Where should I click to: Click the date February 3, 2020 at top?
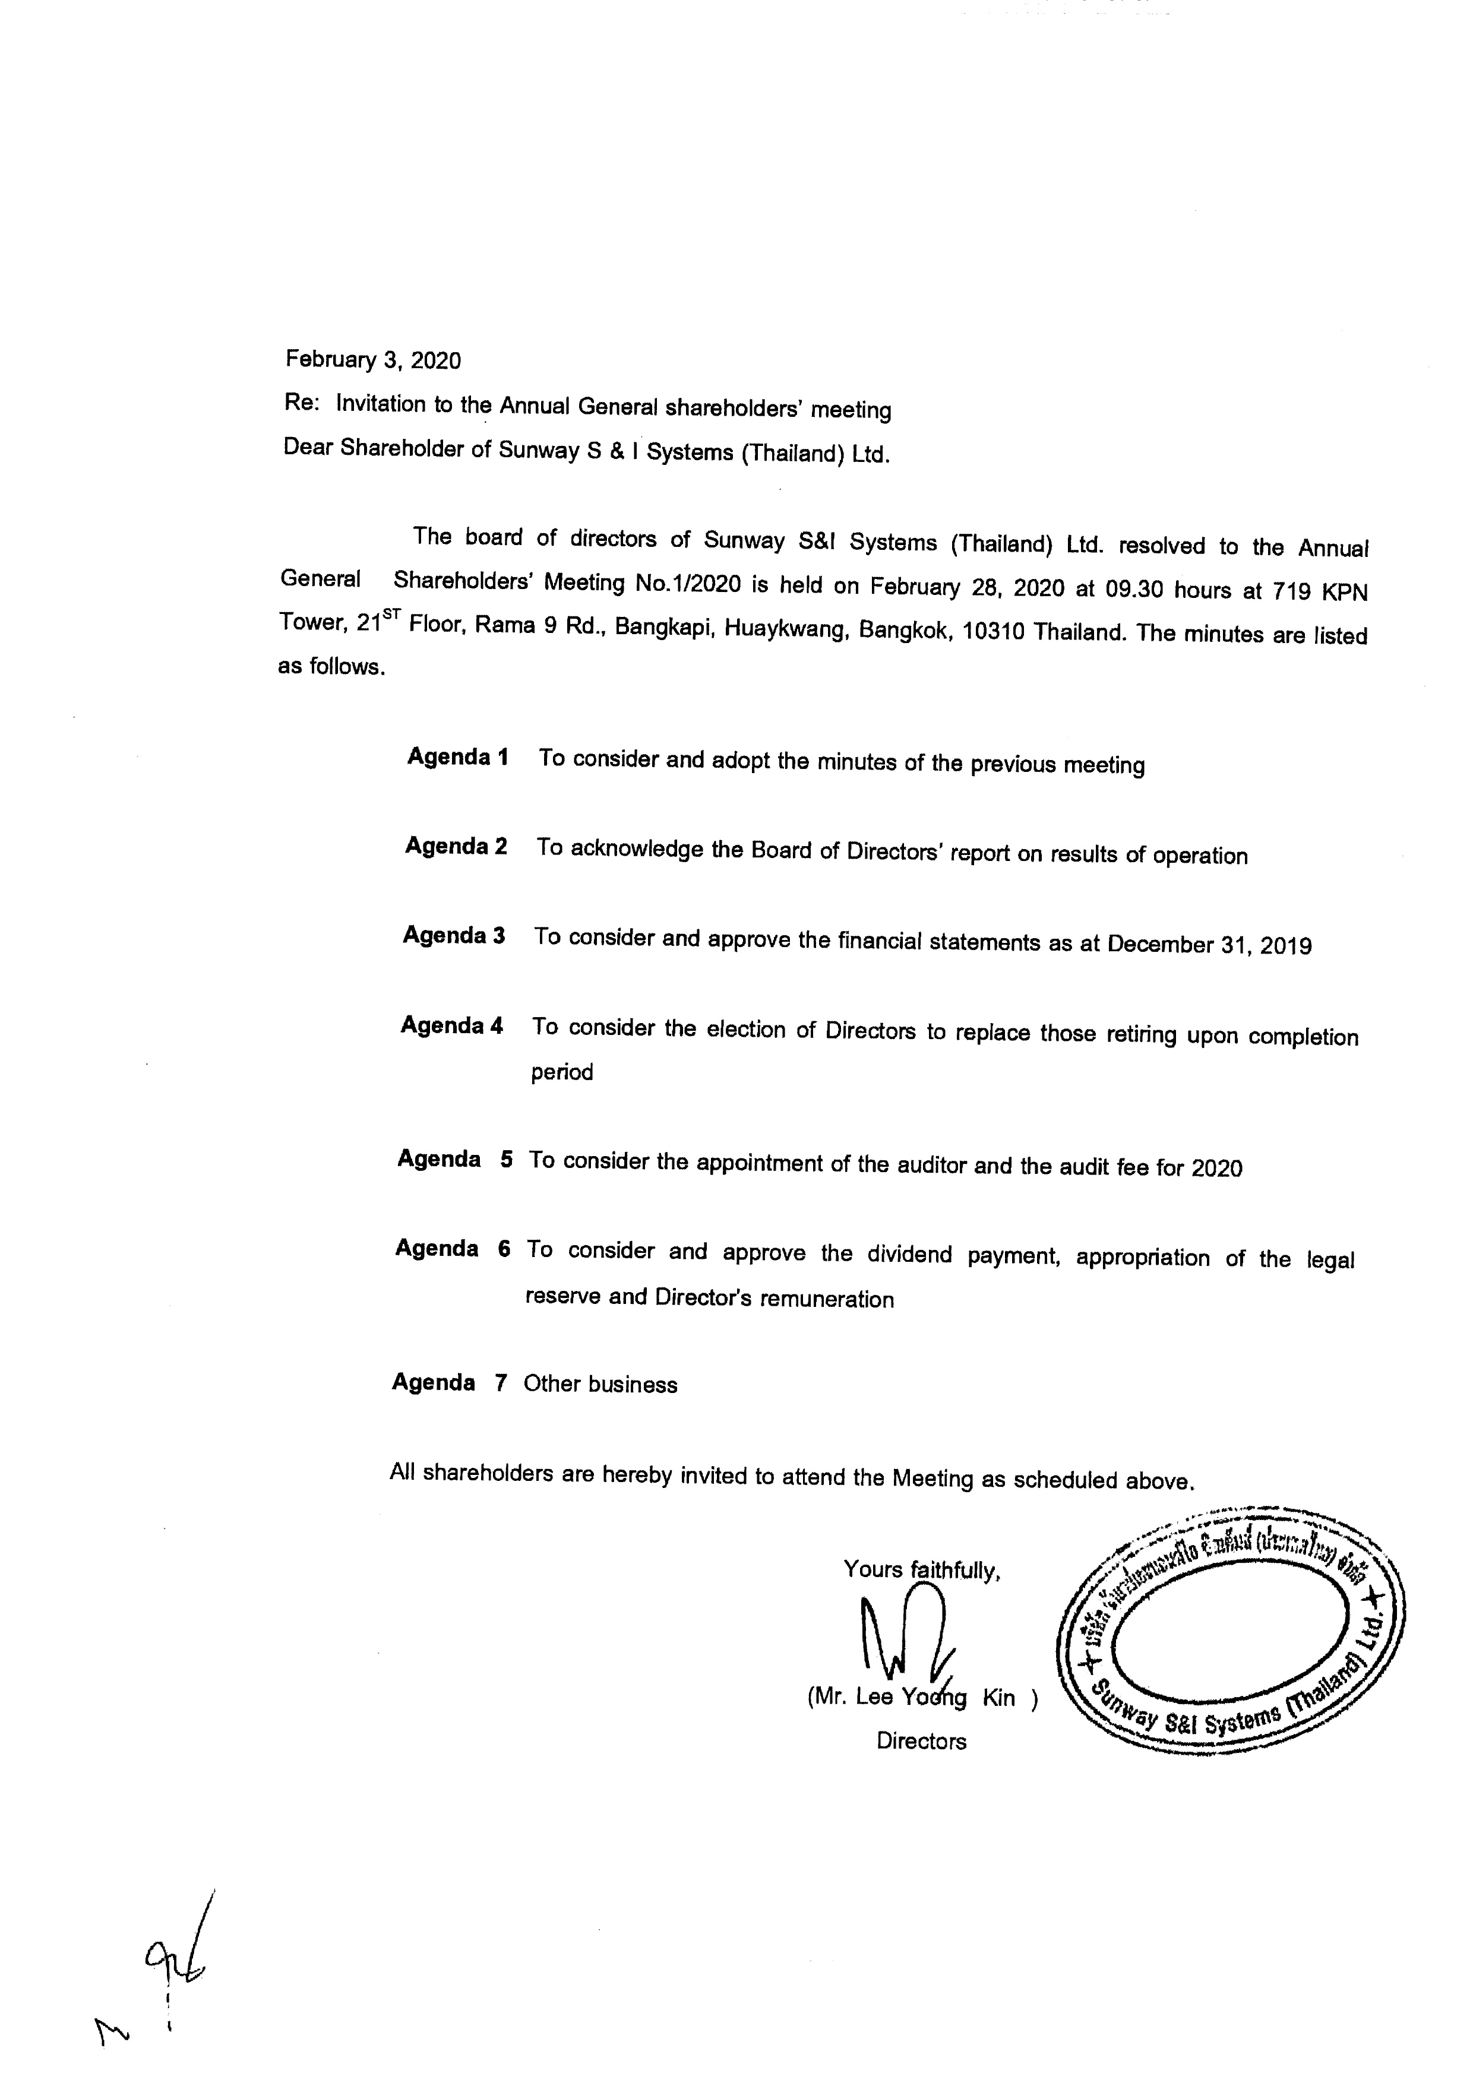point(373,360)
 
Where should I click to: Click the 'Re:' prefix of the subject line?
point(301,403)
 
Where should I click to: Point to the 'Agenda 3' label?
point(454,935)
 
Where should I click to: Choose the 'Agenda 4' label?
point(452,1025)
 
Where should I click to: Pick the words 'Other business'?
point(600,1384)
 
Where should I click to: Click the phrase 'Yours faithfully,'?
point(922,1569)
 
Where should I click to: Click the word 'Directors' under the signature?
point(921,1741)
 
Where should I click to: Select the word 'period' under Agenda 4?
point(562,1072)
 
